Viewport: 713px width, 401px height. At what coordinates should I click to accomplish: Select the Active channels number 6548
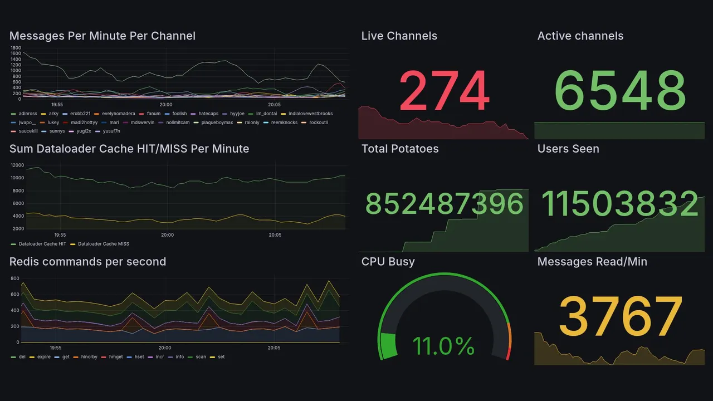click(x=620, y=91)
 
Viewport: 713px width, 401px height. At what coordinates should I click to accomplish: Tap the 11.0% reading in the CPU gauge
click(x=443, y=346)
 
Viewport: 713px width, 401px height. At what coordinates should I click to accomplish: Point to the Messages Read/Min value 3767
click(x=620, y=316)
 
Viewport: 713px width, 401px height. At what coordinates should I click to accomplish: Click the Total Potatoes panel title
click(x=400, y=149)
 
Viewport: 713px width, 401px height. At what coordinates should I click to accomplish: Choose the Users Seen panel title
click(x=568, y=149)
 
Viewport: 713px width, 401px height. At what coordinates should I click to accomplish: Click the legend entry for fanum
click(x=153, y=114)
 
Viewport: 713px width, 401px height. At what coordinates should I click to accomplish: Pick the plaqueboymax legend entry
click(x=216, y=123)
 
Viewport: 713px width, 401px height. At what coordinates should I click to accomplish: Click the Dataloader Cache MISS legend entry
click(x=103, y=244)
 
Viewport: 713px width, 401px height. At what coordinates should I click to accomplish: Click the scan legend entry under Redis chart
click(x=201, y=357)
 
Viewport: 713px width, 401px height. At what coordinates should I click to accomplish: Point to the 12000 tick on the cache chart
click(x=17, y=165)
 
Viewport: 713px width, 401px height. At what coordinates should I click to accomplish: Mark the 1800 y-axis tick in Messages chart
click(x=16, y=48)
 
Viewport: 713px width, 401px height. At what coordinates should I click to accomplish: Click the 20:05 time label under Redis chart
click(x=274, y=348)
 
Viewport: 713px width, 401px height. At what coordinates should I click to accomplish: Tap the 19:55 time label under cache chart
click(x=60, y=235)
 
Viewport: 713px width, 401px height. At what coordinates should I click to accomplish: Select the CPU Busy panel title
click(x=388, y=262)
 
